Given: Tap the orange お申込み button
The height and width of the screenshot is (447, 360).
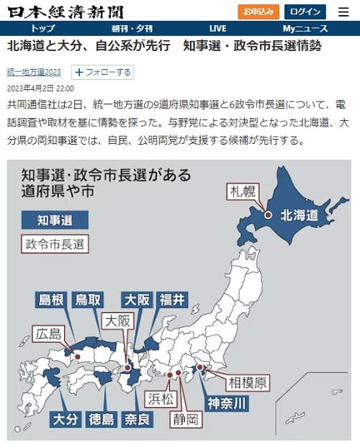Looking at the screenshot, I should pyautogui.click(x=258, y=12).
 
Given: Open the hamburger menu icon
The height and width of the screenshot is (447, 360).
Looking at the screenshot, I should pyautogui.click(x=343, y=12).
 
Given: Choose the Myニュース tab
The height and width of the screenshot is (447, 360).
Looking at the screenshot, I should pyautogui.click(x=305, y=29).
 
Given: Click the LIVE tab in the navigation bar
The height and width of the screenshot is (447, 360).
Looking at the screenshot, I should pyautogui.click(x=217, y=29).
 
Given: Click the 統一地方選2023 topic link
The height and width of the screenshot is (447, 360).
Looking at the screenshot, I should pyautogui.click(x=34, y=73).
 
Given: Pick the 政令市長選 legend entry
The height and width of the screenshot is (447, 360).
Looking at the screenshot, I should pyautogui.click(x=54, y=243).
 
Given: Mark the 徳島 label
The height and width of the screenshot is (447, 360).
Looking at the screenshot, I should pyautogui.click(x=101, y=417).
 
